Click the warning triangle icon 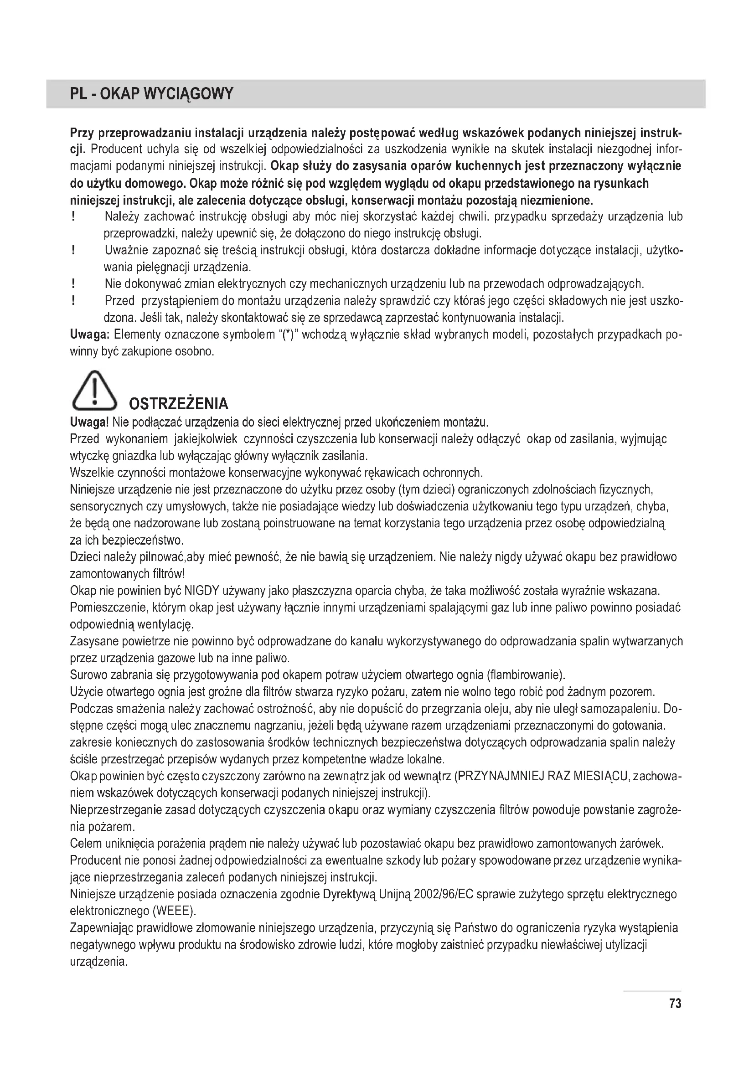94,391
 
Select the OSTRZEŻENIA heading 178,403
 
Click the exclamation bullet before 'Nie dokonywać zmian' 73,283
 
